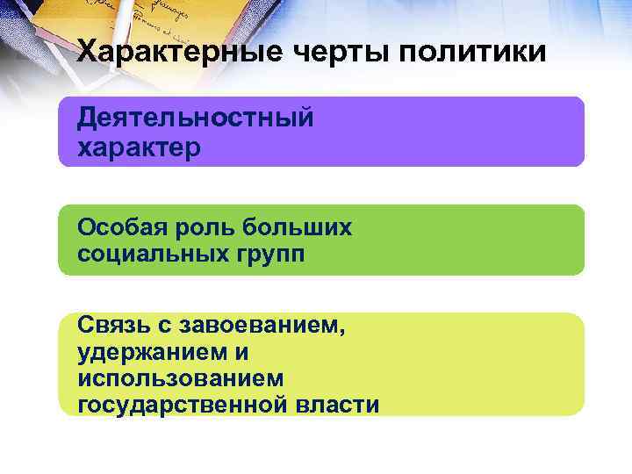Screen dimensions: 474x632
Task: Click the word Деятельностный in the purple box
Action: [x=195, y=118]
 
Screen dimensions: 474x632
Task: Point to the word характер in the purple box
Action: [x=139, y=146]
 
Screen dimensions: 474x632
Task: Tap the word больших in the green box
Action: [x=295, y=227]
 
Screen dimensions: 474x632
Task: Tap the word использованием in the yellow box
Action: [x=180, y=378]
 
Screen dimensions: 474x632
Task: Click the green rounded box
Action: [x=456, y=241]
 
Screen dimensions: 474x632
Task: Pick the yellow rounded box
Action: [x=474, y=364]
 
